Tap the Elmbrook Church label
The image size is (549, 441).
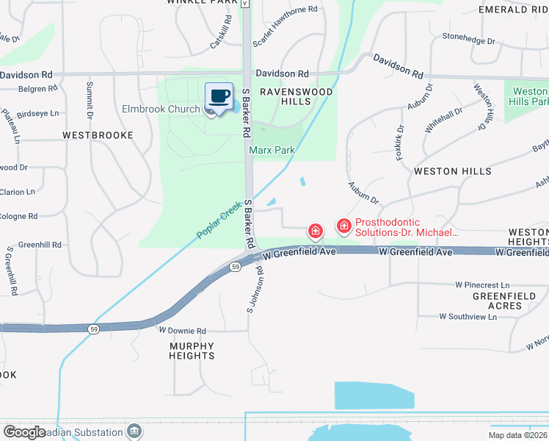coord(161,110)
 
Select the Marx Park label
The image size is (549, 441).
coord(272,151)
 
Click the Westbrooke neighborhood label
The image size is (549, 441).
coord(98,135)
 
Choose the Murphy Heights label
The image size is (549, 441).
coord(192,351)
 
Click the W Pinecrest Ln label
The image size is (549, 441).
coord(481,284)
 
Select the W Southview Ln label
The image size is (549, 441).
coord(468,317)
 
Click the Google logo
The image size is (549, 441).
coord(24,432)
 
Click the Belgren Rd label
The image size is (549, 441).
coord(29,89)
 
